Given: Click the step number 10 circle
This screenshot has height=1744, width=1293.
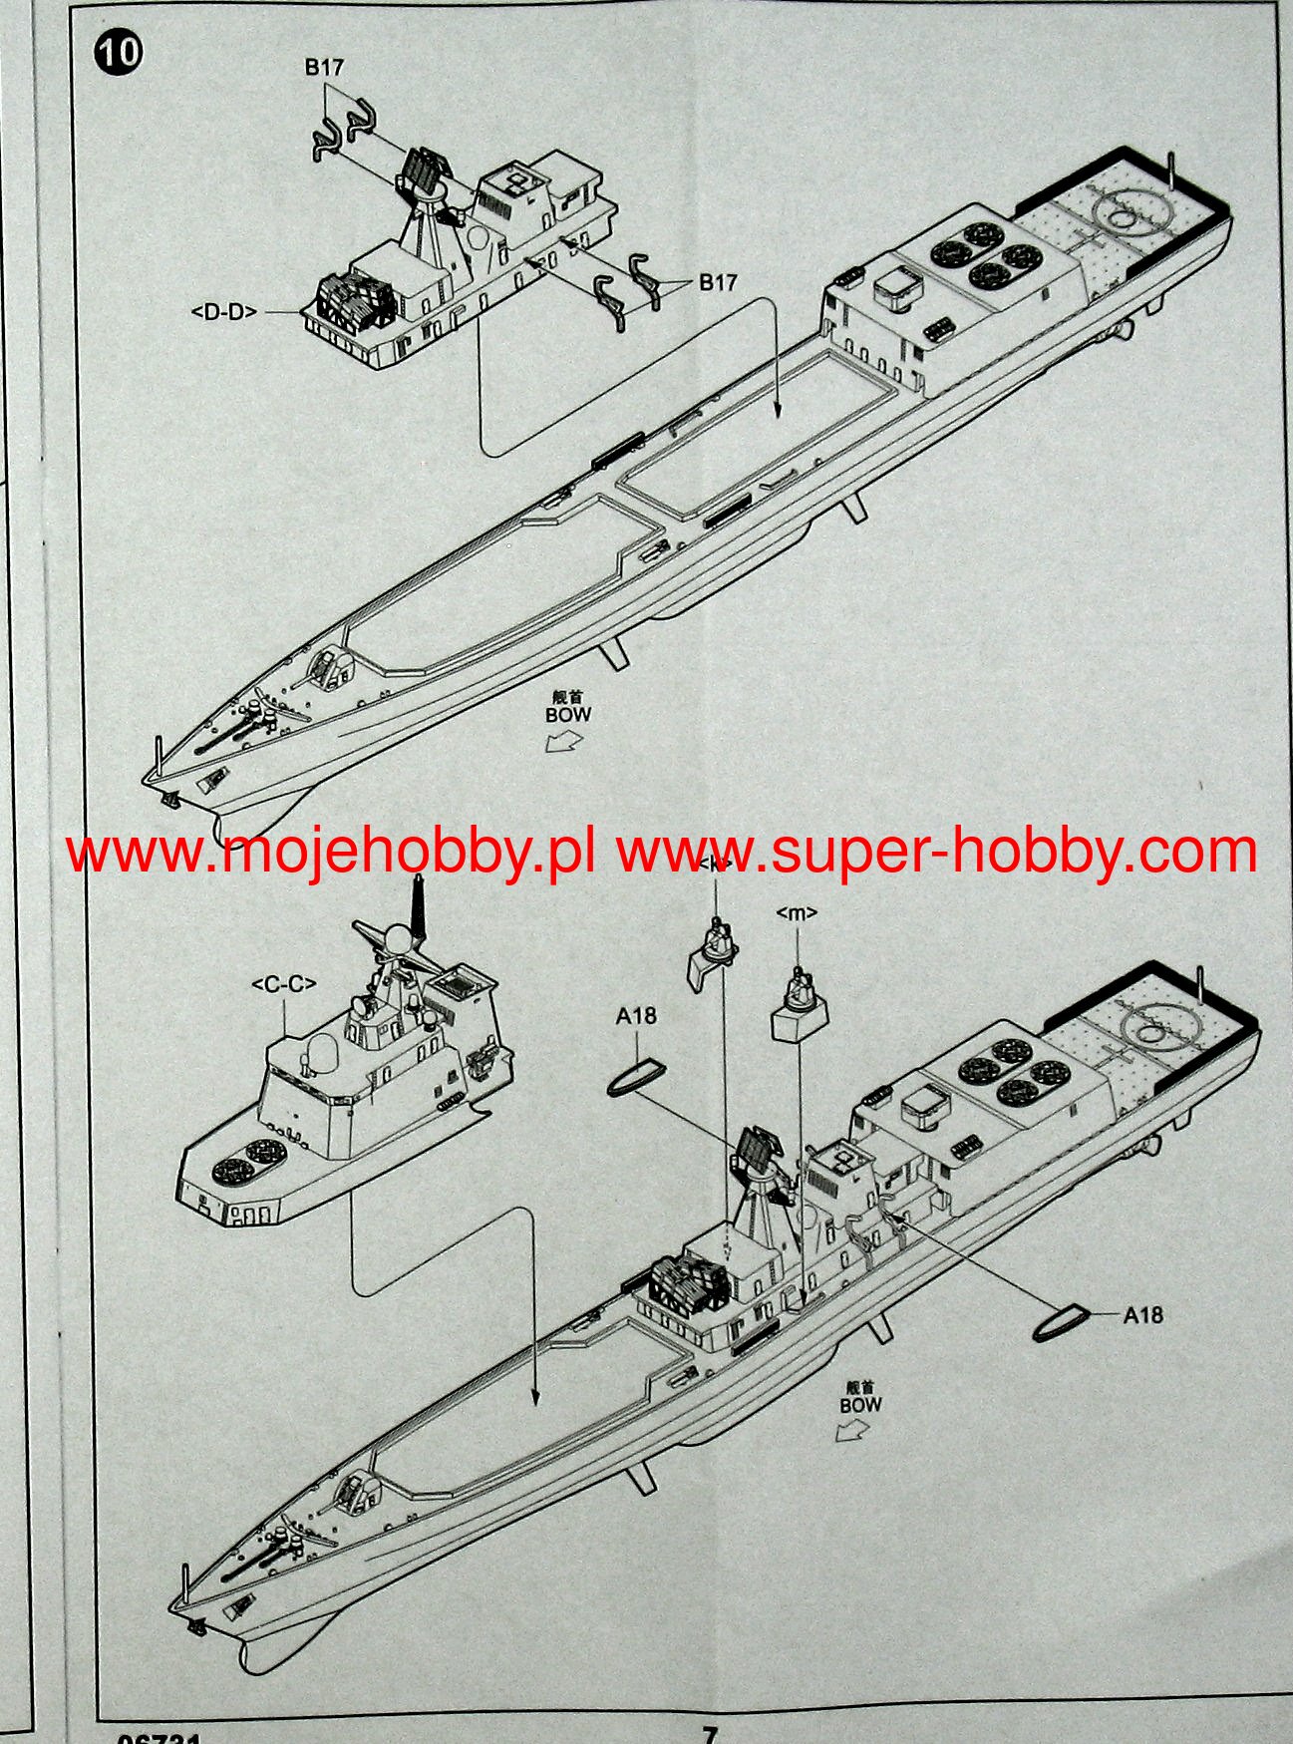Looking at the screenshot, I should [119, 52].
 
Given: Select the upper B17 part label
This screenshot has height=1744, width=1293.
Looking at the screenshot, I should [324, 68].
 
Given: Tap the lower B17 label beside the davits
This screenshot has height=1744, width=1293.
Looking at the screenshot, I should [717, 282].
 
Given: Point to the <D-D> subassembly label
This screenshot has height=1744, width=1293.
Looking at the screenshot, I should [224, 312].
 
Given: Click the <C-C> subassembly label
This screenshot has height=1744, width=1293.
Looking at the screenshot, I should [284, 984].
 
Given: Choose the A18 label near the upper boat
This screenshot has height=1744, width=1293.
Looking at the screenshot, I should [636, 1015].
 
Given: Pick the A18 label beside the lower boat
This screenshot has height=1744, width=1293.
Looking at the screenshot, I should [1142, 1314].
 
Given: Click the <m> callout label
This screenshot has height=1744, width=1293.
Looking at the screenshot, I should [796, 911].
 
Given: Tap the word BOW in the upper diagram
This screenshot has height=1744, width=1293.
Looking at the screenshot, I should [568, 714].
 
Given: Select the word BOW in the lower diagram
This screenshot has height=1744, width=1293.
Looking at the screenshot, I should [860, 1405].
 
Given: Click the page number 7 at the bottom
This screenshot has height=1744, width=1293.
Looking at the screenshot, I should [710, 1734].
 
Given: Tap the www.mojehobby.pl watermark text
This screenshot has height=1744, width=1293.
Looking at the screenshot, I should [330, 854].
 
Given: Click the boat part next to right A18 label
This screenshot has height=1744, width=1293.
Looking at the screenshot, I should [1063, 1323].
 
